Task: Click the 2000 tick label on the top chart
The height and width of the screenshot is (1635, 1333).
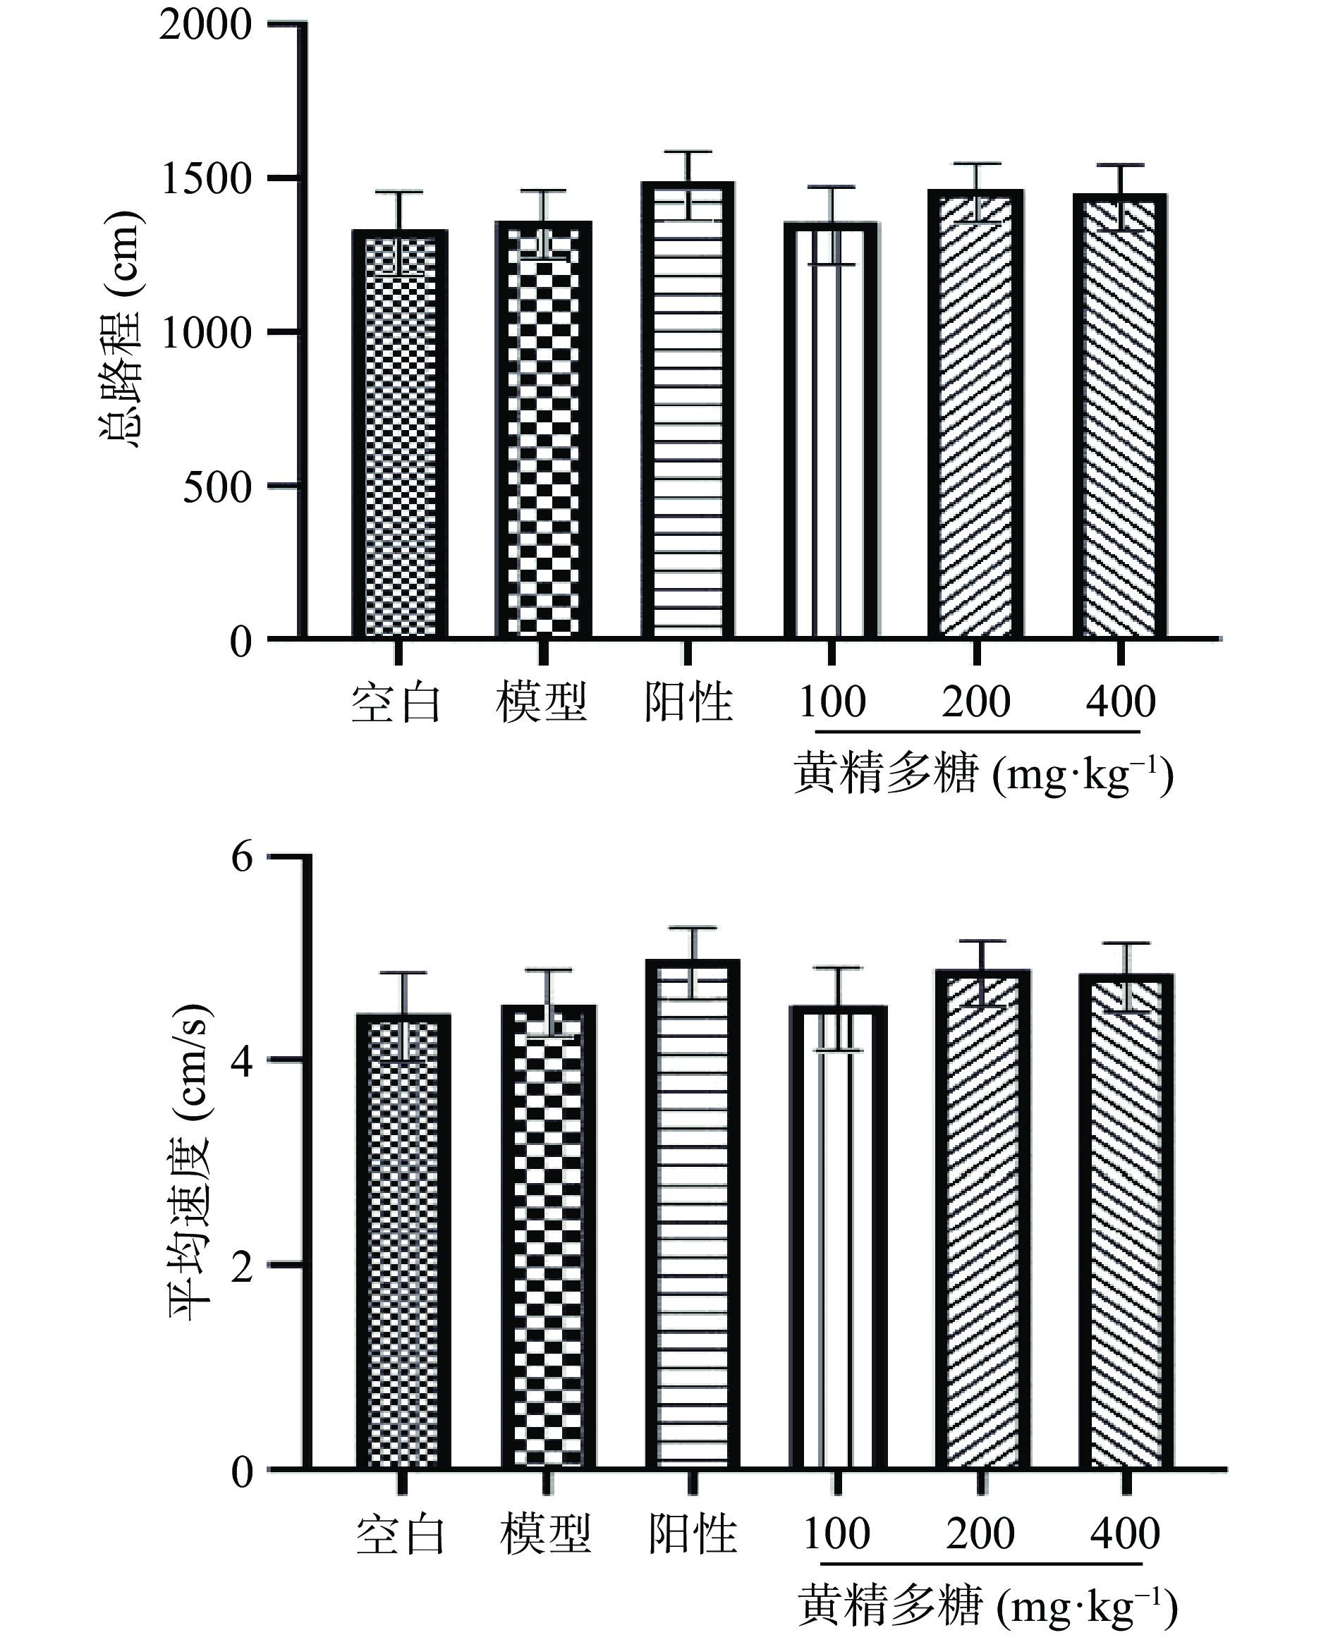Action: (x=205, y=25)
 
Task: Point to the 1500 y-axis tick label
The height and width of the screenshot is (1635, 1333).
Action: (x=207, y=180)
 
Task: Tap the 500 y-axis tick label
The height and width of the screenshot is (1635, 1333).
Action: (x=217, y=486)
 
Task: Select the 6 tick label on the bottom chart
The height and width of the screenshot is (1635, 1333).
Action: (x=241, y=856)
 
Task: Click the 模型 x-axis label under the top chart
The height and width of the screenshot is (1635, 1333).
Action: (x=542, y=702)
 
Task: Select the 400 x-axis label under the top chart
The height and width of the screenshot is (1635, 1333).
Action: (x=1120, y=702)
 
